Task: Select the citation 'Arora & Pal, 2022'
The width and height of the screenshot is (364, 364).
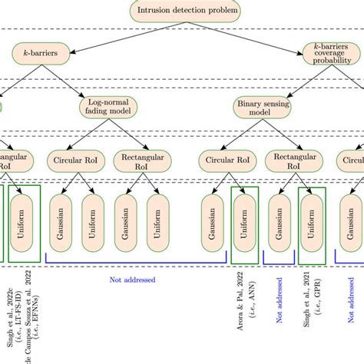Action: pyautogui.click(x=237, y=295)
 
